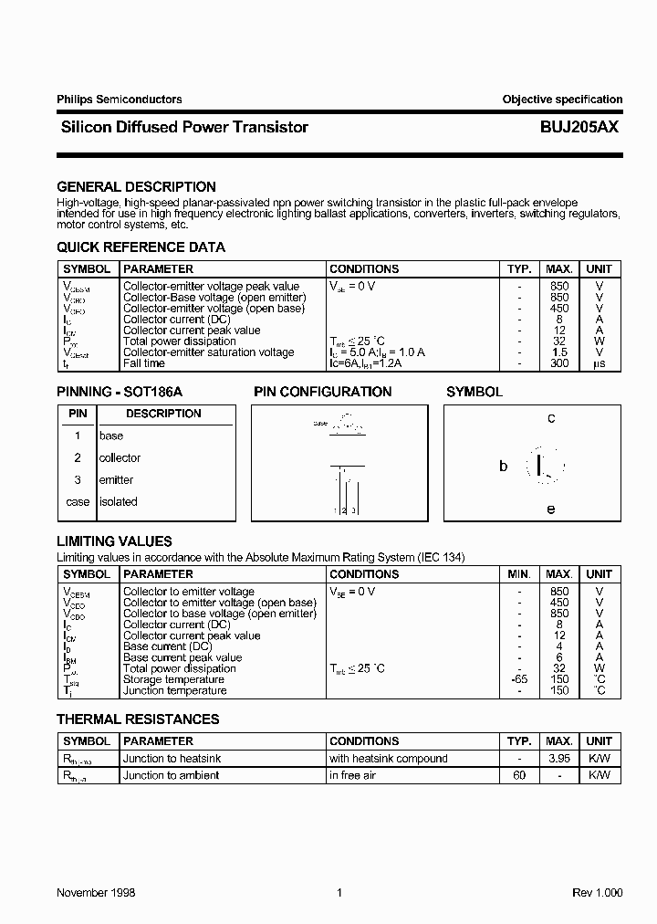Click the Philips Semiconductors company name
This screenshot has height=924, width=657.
point(119,100)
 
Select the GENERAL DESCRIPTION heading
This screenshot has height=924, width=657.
point(136,186)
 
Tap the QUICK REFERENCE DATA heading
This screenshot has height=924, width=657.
point(141,247)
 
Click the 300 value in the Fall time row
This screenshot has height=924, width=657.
point(558,363)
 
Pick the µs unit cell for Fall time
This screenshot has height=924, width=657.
point(600,363)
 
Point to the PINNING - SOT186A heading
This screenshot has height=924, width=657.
point(120,392)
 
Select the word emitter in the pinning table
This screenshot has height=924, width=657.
point(116,479)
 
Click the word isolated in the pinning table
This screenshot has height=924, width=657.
point(118,501)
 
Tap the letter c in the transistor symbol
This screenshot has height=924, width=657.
point(551,419)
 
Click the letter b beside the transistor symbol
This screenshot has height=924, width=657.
point(503,466)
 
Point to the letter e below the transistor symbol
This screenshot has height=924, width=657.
point(551,509)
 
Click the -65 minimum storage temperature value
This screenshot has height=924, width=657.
point(517,679)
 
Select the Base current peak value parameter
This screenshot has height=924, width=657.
point(182,657)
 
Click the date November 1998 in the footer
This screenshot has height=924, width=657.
point(96,892)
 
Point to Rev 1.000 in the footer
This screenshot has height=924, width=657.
point(597,892)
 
